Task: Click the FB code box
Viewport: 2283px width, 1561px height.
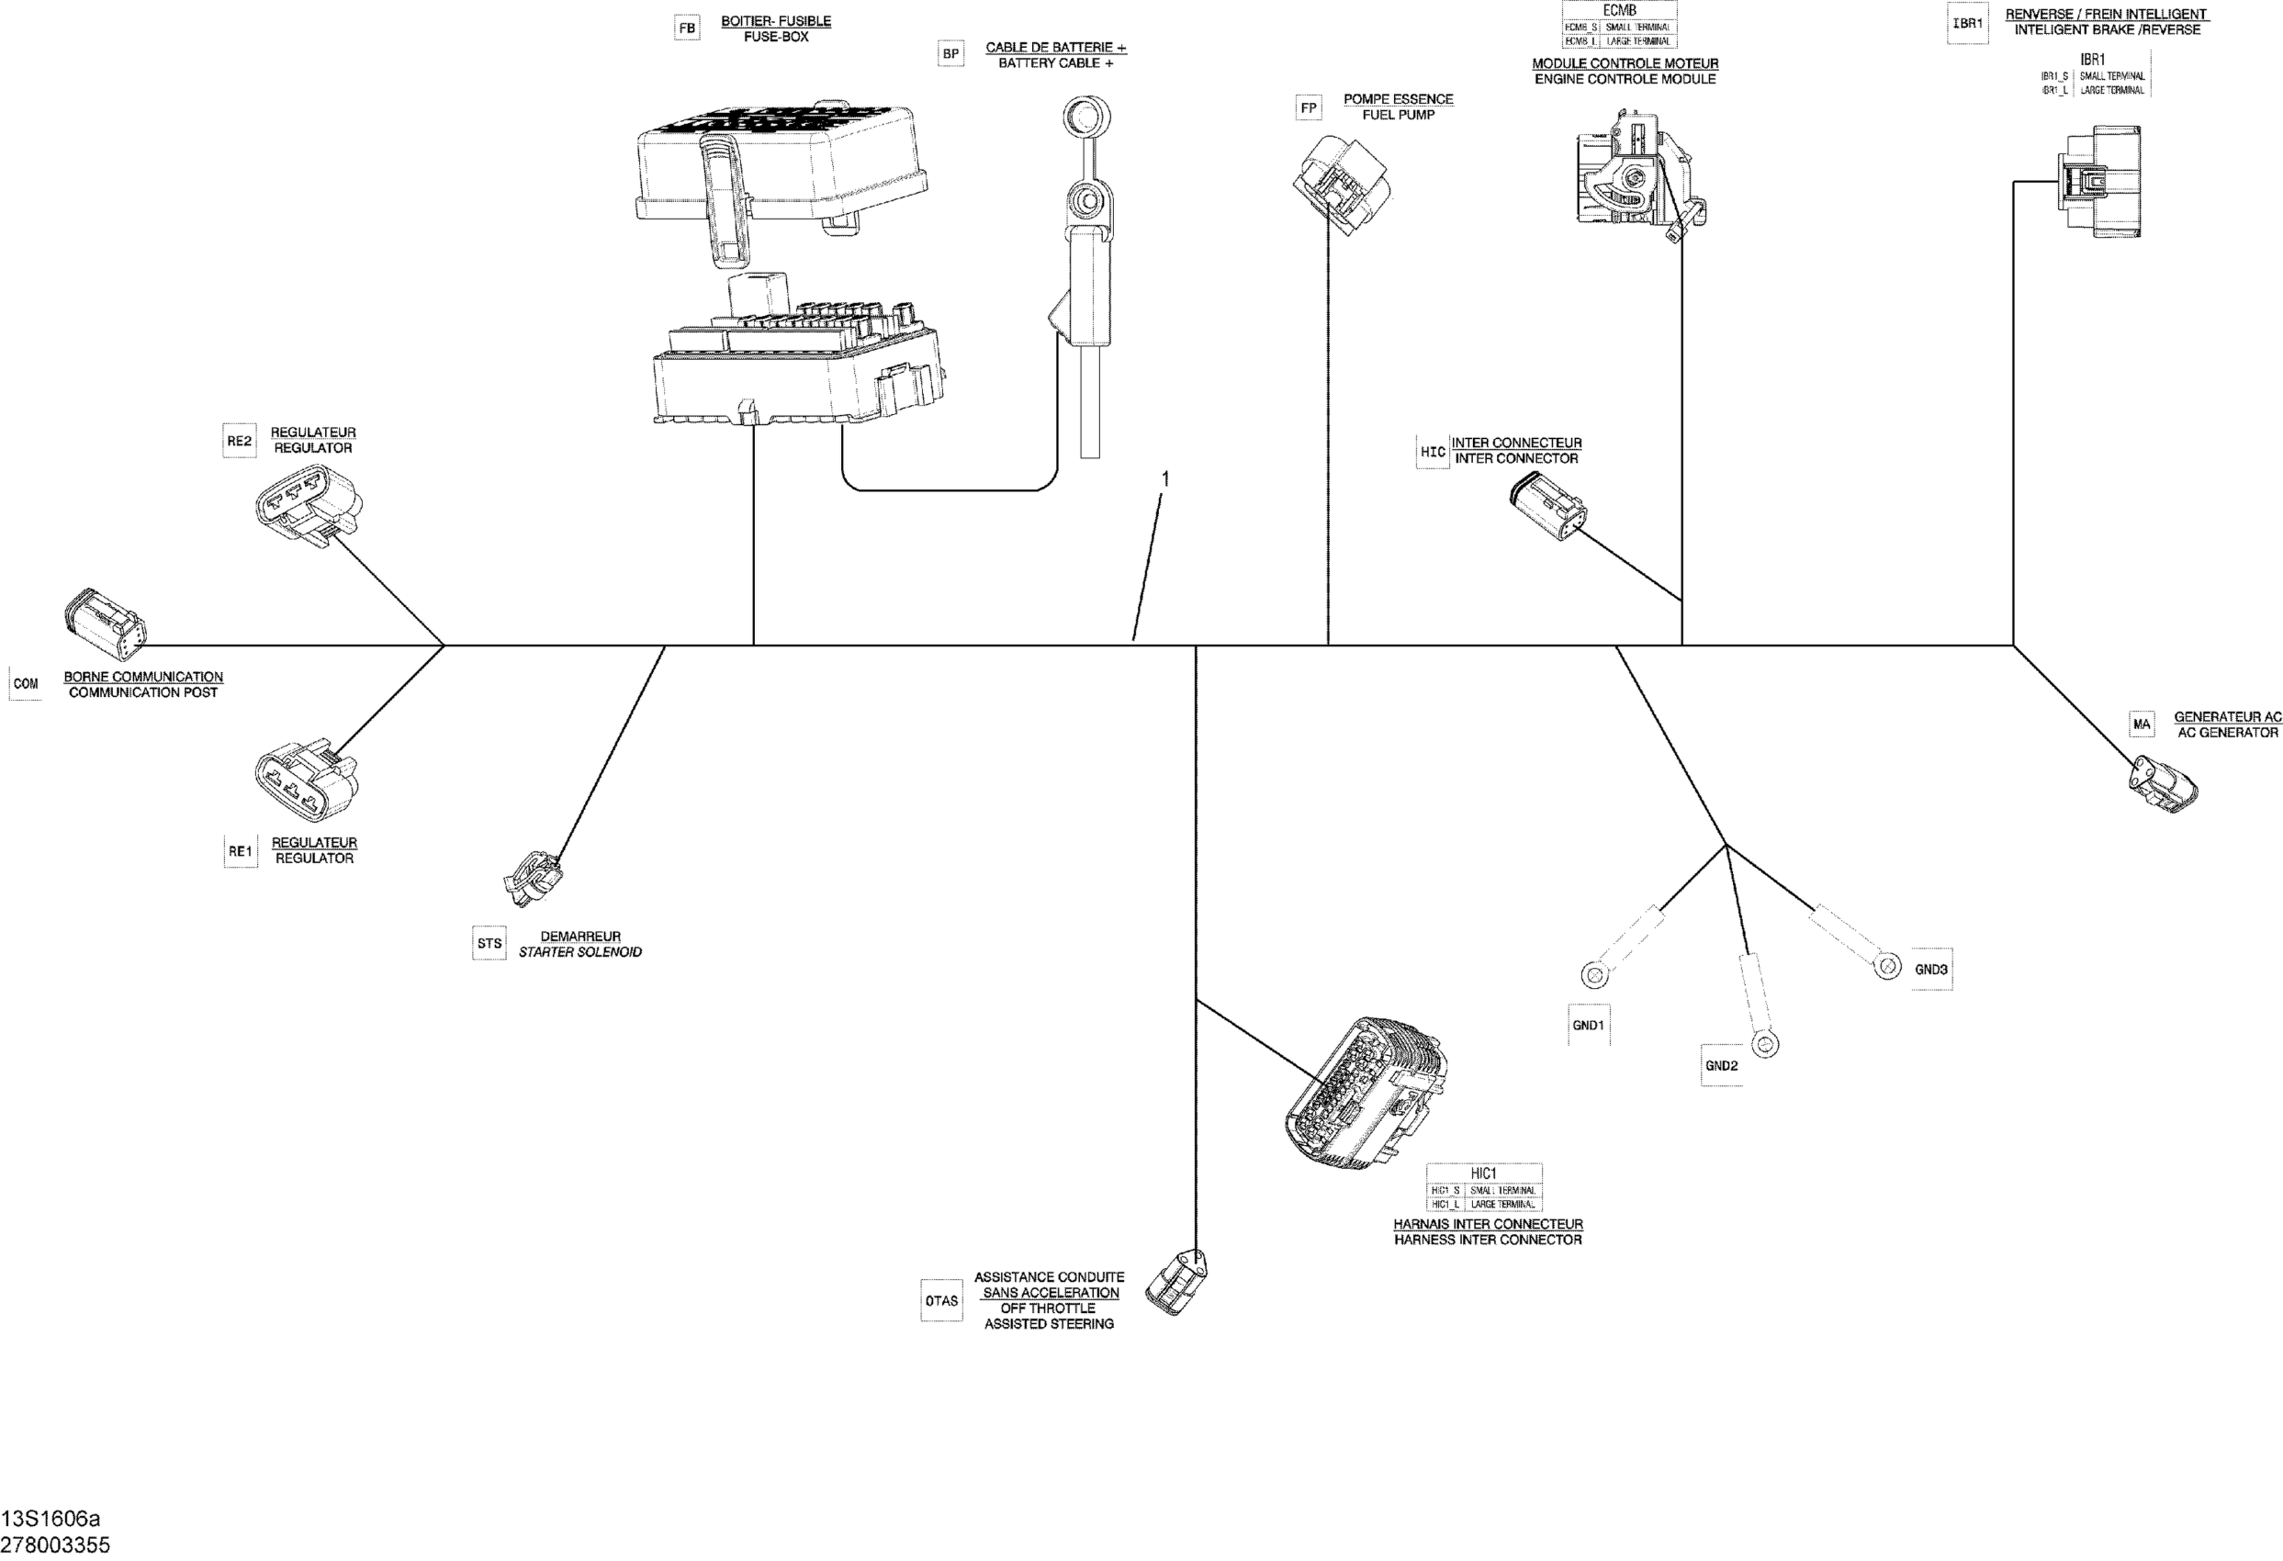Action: (687, 28)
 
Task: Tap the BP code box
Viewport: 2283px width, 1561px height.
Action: (950, 54)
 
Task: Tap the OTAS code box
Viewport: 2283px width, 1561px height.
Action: (941, 1300)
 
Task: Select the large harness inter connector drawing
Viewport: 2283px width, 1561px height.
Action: (1366, 1095)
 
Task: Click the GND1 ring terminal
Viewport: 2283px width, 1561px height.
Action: (1593, 975)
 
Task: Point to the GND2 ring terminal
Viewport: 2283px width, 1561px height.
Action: (1764, 1045)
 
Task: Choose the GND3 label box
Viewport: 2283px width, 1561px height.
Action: (1930, 970)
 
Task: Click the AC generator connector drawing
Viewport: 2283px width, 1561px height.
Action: (2162, 785)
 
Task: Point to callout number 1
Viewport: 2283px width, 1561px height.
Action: (1165, 478)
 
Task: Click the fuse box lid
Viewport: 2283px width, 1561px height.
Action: (781, 163)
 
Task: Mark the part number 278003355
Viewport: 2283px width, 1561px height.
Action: (55, 1544)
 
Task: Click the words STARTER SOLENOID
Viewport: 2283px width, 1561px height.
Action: (579, 952)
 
